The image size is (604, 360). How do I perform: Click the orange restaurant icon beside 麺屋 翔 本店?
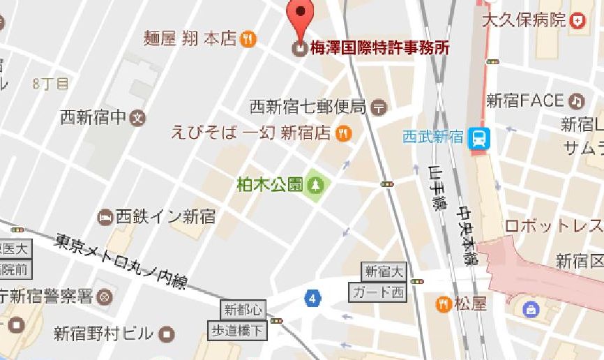[x=248, y=39]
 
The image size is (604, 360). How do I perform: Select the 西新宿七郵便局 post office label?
[x=308, y=107]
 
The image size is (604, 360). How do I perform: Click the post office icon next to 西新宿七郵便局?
[x=379, y=107]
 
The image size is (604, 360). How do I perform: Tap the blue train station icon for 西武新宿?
[x=479, y=137]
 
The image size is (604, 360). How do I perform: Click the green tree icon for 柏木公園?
[x=317, y=185]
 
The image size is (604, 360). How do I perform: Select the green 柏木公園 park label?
[x=270, y=185]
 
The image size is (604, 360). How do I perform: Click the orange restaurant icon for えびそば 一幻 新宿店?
[x=343, y=133]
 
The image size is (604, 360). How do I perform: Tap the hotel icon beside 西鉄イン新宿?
[x=105, y=217]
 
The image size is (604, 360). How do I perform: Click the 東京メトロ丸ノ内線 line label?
[x=123, y=260]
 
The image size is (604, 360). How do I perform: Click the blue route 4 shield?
[x=313, y=299]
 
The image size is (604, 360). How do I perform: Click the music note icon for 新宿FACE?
[x=575, y=101]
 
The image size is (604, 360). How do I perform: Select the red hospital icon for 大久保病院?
[x=577, y=21]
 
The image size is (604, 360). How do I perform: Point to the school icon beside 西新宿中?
[x=138, y=117]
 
